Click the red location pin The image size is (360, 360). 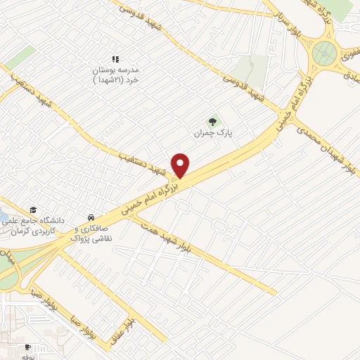point(181,165)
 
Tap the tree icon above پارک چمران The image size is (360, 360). point(213,122)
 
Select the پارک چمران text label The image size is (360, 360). point(214,132)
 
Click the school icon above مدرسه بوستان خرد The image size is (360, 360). point(116,60)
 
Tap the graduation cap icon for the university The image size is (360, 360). point(33,210)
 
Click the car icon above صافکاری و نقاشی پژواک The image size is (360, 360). point(91,217)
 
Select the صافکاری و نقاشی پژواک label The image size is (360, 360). point(89,233)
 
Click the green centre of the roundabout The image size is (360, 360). point(325,51)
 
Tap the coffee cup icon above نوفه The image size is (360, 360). point(27,347)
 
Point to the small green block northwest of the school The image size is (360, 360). point(20,57)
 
